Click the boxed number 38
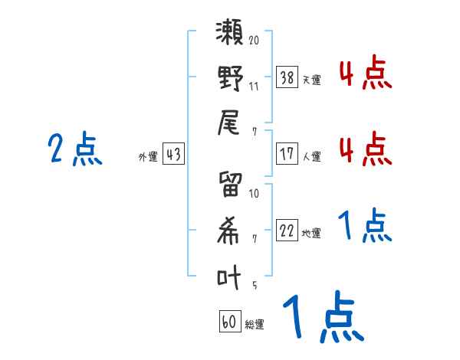click(287, 77)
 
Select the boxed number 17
click(287, 154)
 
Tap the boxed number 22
click(287, 231)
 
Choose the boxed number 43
click(173, 155)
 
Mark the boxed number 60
click(229, 322)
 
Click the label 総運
click(254, 325)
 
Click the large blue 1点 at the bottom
click(321, 317)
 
